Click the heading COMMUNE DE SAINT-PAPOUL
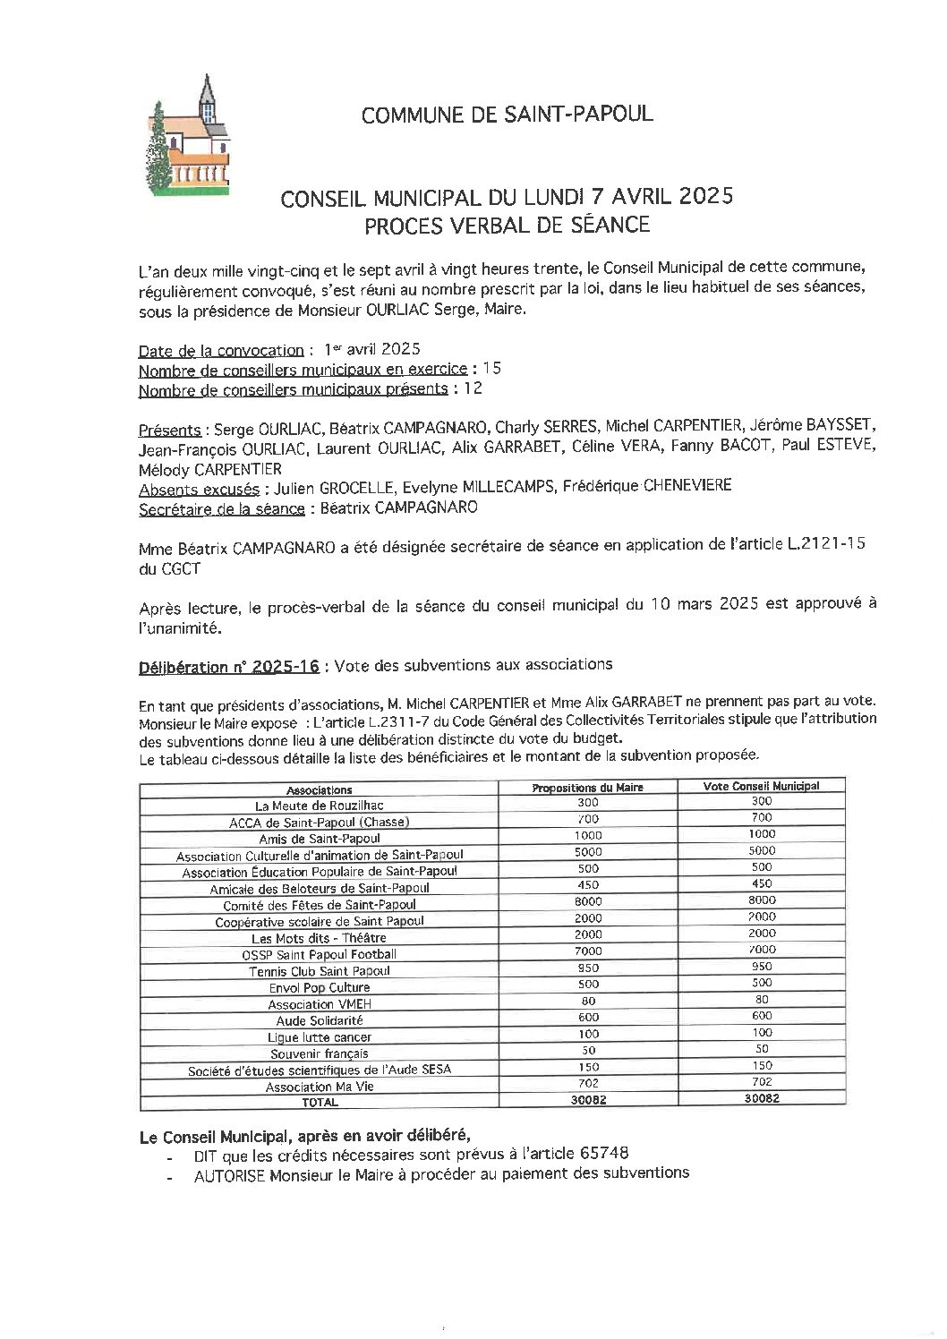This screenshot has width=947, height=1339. (506, 115)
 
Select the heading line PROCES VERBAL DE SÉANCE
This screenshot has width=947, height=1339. (506, 225)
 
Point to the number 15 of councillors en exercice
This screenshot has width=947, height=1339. (491, 369)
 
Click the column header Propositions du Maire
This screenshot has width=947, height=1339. (587, 788)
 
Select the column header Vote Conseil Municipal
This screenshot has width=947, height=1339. (762, 786)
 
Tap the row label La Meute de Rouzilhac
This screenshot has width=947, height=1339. (319, 806)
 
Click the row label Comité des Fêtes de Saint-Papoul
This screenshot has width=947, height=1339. (319, 905)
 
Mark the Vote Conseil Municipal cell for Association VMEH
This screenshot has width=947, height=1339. (762, 1000)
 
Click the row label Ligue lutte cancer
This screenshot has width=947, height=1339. (319, 1037)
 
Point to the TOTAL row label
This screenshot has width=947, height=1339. (319, 1103)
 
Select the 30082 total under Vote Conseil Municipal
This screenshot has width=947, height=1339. (762, 1099)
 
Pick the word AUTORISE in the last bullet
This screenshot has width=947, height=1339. (229, 1174)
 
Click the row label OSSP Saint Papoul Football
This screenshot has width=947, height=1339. (319, 954)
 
